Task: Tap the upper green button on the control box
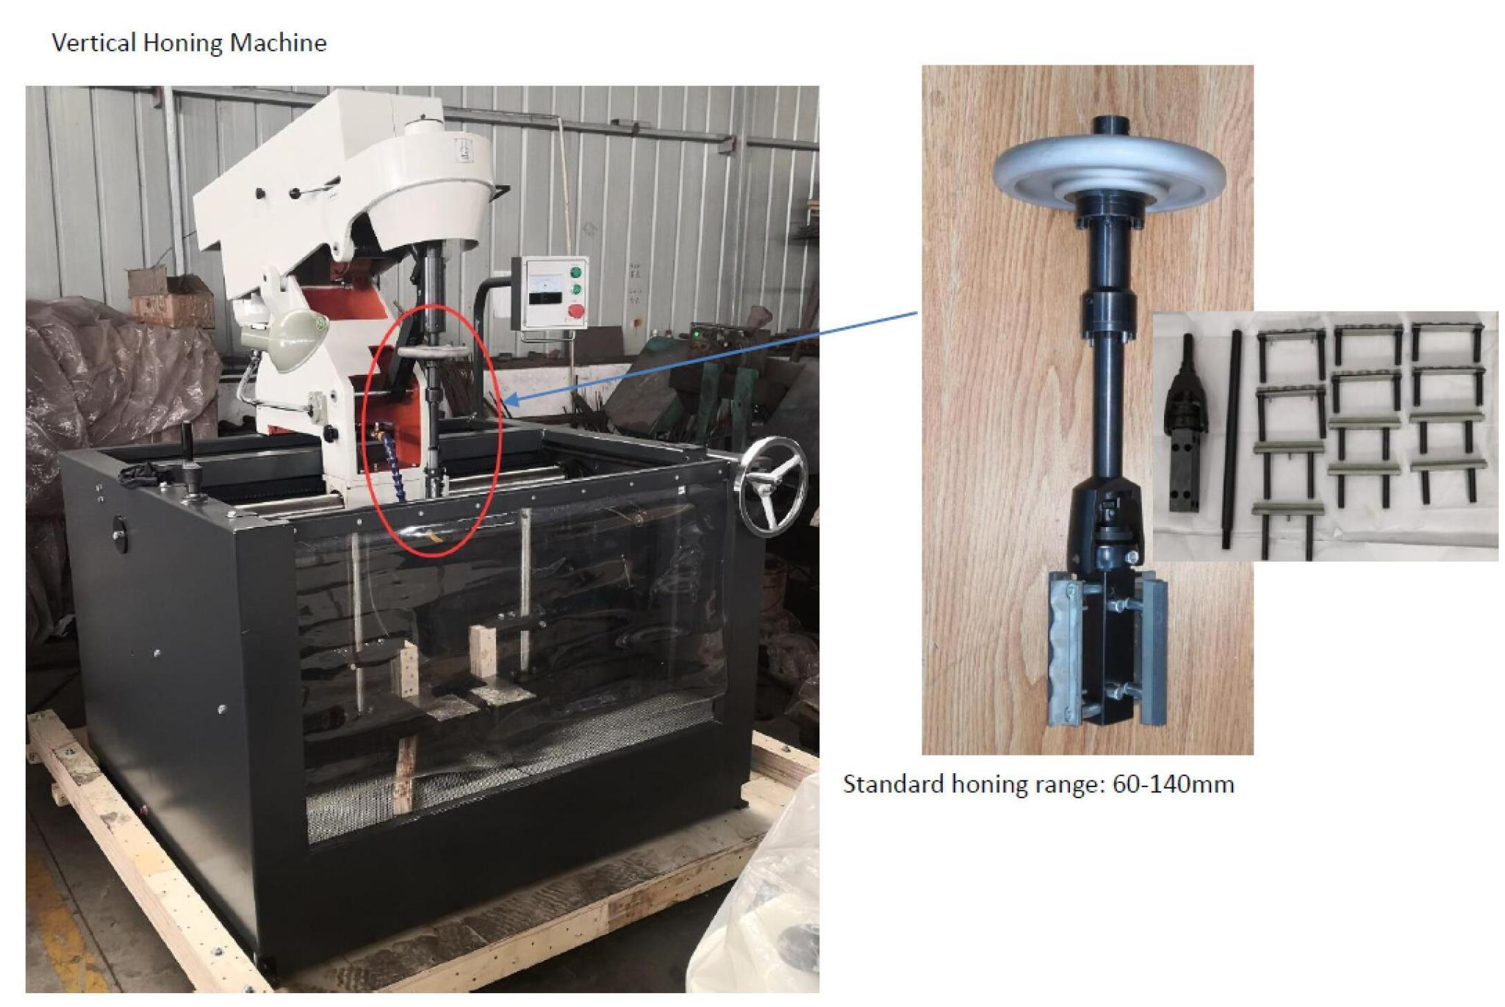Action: (x=576, y=273)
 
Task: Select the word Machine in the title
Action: (x=278, y=43)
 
